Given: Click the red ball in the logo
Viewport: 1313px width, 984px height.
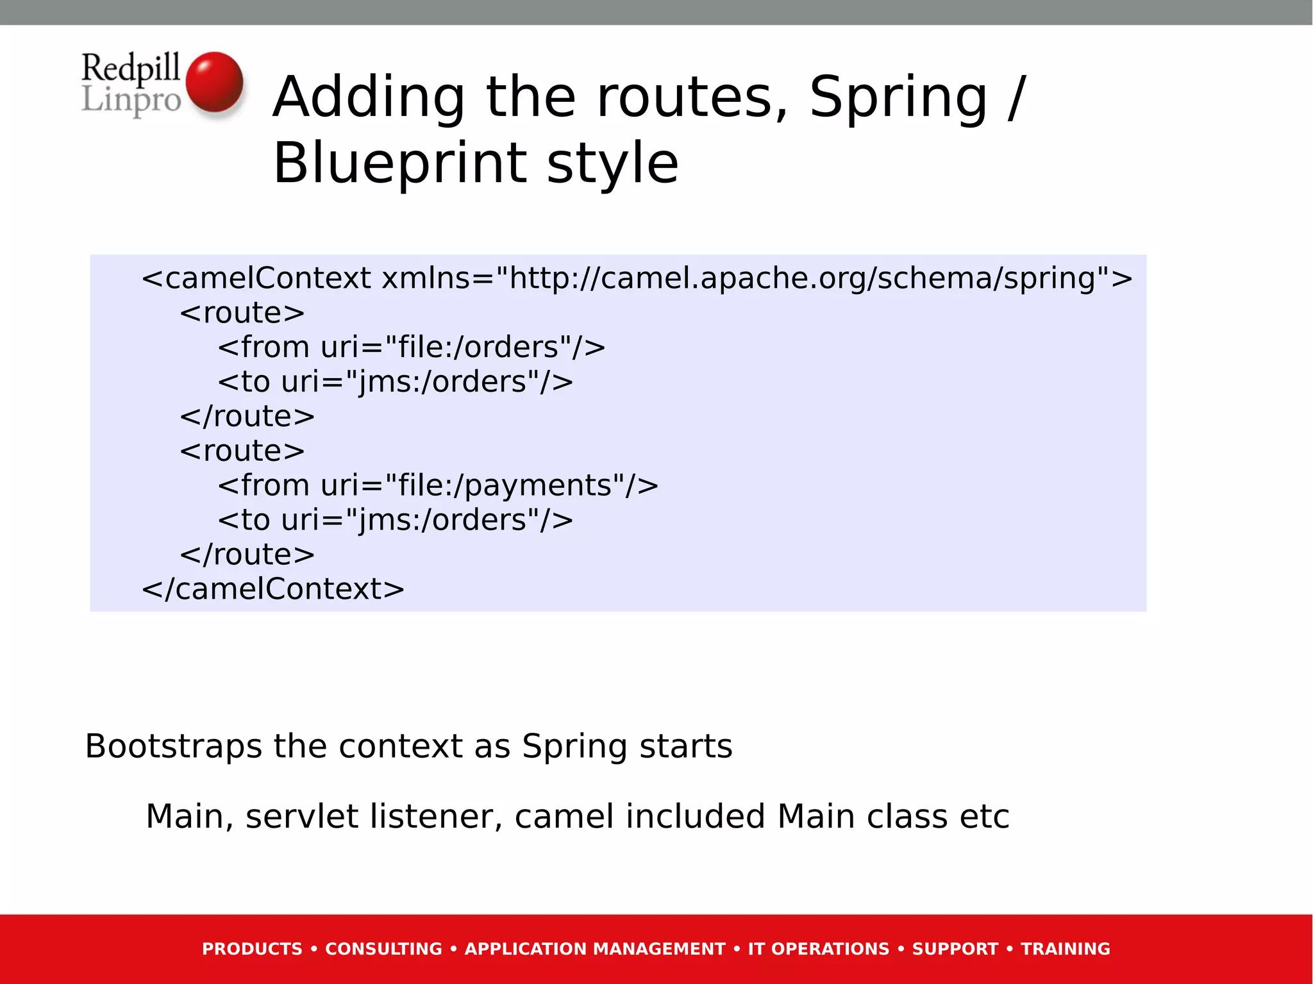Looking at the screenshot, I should tap(214, 82).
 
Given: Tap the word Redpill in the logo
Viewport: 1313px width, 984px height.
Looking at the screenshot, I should tap(131, 67).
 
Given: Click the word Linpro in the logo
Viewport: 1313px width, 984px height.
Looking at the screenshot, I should tap(131, 100).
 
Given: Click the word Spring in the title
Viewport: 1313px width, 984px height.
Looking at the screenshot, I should tap(898, 97).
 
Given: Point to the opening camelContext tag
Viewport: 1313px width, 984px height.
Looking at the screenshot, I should tap(256, 278).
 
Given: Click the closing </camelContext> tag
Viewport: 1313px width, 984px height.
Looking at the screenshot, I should tap(273, 588).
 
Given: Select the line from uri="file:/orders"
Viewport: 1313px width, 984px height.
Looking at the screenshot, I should tap(411, 347).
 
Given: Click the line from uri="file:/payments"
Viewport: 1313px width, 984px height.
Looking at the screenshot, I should tap(438, 485).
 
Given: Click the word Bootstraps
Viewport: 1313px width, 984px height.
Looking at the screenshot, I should tap(173, 746).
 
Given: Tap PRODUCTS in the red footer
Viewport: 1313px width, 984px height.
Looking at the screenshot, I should tap(252, 949).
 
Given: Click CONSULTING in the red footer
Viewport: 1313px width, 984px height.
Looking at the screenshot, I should tap(383, 949).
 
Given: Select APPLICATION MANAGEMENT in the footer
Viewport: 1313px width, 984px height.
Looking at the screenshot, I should tap(594, 949).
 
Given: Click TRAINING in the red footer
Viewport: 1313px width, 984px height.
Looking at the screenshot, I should tap(1065, 949).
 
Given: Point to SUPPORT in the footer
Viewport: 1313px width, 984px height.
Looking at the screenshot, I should tap(955, 949).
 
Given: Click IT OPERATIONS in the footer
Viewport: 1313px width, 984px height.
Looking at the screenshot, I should tap(818, 949).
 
